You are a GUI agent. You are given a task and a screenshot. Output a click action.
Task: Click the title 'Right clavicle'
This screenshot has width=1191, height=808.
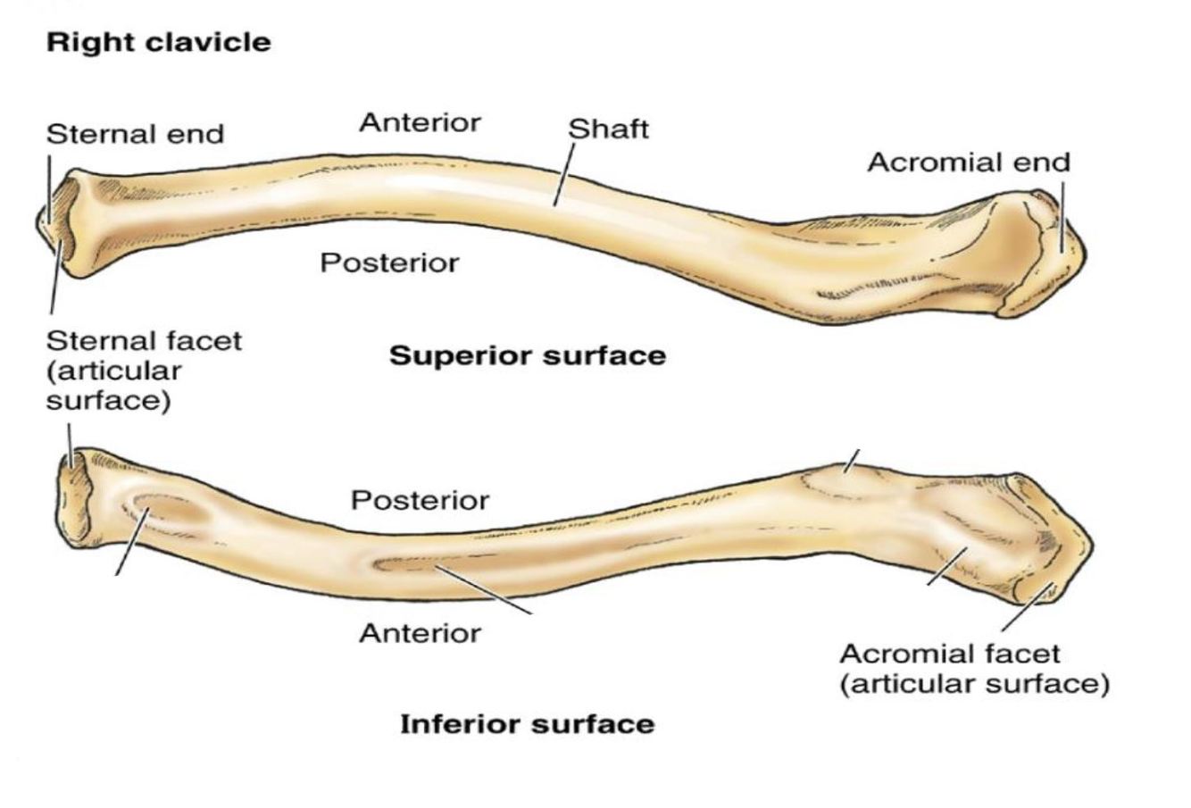click(158, 42)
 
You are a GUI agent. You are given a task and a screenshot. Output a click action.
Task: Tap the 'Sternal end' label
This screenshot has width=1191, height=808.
click(135, 134)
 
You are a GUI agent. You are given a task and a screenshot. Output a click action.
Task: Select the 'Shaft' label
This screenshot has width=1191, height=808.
click(608, 129)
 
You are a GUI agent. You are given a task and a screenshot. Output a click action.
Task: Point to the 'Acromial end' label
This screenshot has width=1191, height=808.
click(968, 162)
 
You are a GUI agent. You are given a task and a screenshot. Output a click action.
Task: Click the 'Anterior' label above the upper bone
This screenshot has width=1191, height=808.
click(420, 122)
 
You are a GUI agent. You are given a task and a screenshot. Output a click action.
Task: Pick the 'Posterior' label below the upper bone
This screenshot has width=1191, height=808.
click(389, 262)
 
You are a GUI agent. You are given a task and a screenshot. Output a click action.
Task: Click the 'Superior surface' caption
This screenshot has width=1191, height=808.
click(528, 355)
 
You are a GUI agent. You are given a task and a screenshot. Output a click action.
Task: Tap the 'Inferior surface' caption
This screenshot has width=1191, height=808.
click(527, 723)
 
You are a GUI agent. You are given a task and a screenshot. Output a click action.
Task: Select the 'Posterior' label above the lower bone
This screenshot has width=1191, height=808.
click(420, 500)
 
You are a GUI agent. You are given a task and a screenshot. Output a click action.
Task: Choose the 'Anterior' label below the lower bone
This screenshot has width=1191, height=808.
click(420, 633)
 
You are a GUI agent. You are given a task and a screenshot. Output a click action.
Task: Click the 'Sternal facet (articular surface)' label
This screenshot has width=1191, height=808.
click(143, 370)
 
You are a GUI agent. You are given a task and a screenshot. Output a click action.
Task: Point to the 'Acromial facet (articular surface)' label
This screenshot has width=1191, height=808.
click(973, 669)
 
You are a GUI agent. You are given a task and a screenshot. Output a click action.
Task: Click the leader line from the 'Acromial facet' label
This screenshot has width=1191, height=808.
click(1027, 607)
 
